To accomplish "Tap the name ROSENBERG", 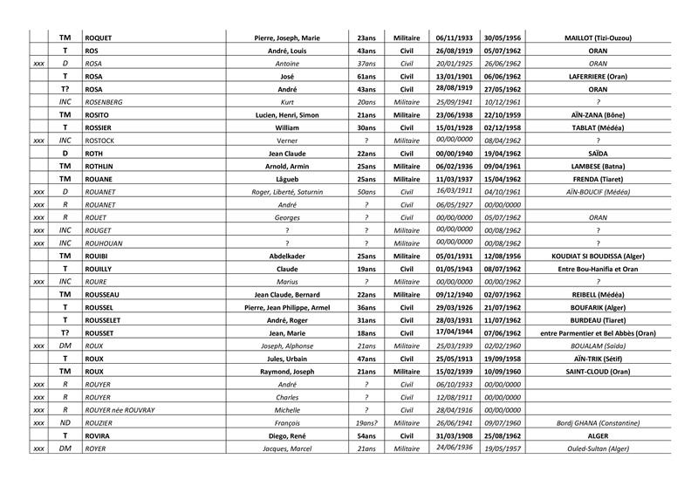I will click(x=106, y=102).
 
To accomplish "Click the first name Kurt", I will click(x=288, y=102).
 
